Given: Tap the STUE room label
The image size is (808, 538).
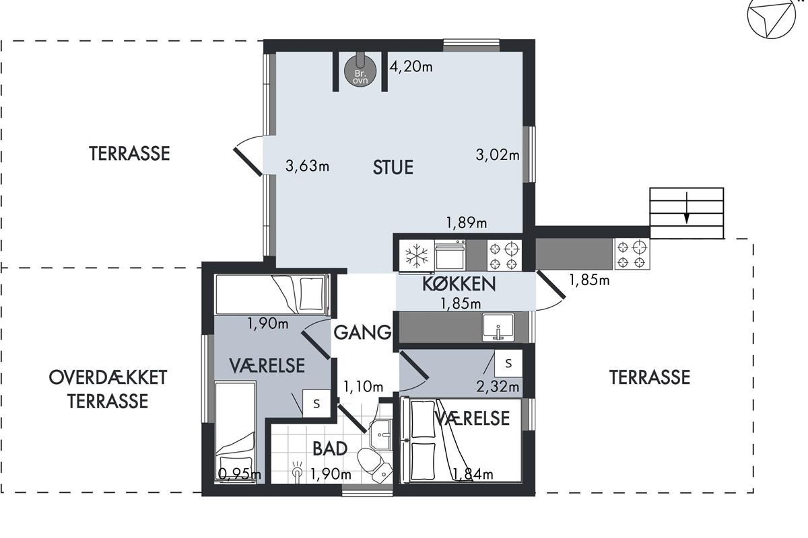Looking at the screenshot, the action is (393, 167).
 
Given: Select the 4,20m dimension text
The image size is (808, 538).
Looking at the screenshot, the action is (411, 67).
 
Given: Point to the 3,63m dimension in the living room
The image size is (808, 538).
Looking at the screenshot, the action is (307, 166).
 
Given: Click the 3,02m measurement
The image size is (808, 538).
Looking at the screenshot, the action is (498, 155).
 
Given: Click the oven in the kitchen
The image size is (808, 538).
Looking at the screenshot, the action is (450, 255).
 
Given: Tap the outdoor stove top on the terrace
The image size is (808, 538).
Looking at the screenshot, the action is (632, 254).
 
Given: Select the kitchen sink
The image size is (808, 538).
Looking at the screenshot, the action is (498, 328).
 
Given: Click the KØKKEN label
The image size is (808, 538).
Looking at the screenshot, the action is (459, 284).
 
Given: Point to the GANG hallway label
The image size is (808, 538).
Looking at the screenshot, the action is (362, 332).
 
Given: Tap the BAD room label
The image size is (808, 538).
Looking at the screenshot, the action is (330, 449).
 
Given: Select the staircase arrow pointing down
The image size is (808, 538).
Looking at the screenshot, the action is (687, 208).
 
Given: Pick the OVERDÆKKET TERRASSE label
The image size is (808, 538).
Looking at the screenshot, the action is (108, 389).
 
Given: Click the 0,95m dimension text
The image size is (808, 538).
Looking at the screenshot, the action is (240, 474).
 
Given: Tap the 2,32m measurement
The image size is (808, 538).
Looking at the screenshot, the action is (498, 387).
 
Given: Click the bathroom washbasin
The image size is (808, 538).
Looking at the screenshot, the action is (381, 434).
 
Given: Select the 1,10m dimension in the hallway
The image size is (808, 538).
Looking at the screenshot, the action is (363, 387).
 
